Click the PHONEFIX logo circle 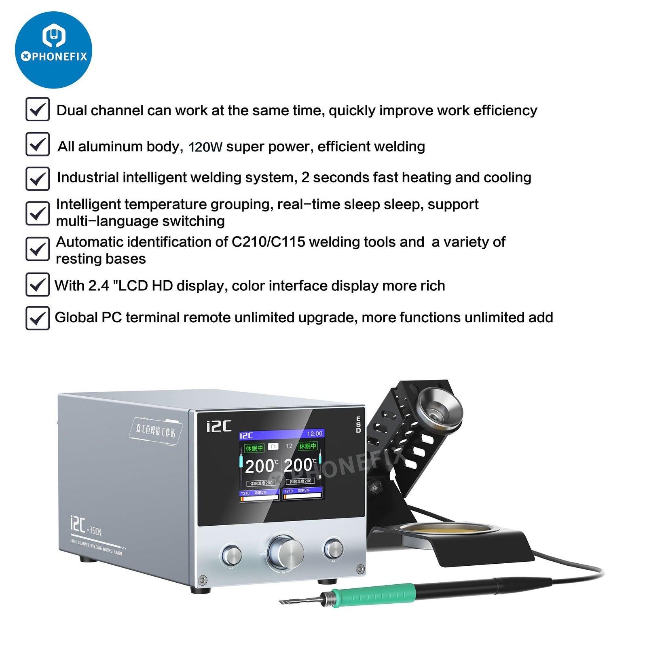[x=53, y=50]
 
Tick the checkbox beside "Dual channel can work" [x=38, y=109]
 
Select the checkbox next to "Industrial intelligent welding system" [x=38, y=179]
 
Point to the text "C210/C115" [x=268, y=242]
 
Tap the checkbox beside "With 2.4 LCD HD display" [x=38, y=285]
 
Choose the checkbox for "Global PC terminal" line [x=38, y=318]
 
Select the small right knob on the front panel [x=333, y=549]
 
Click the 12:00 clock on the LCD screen [x=315, y=433]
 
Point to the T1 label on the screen [x=273, y=446]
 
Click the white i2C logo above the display [x=219, y=426]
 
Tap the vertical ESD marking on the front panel [x=358, y=425]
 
